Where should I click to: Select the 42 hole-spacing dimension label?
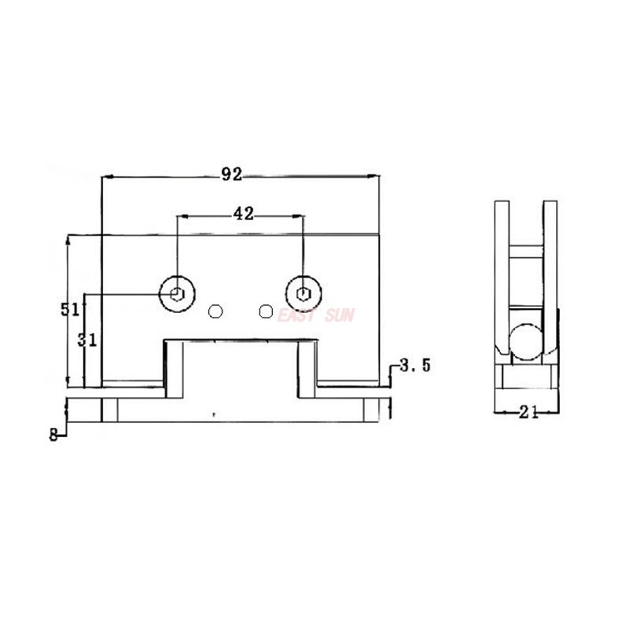click(x=243, y=213)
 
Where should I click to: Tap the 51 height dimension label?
click(x=71, y=309)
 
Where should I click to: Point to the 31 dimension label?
click(x=87, y=340)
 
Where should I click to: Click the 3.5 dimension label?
click(x=414, y=366)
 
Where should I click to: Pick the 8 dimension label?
click(x=53, y=435)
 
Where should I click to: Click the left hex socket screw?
click(x=178, y=294)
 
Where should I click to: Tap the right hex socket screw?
click(x=303, y=294)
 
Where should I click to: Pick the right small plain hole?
click(x=266, y=311)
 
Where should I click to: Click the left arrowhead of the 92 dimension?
click(x=108, y=176)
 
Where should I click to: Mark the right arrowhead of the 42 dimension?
click(x=299, y=214)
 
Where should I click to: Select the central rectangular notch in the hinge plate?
click(x=240, y=366)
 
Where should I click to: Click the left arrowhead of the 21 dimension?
click(x=498, y=411)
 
